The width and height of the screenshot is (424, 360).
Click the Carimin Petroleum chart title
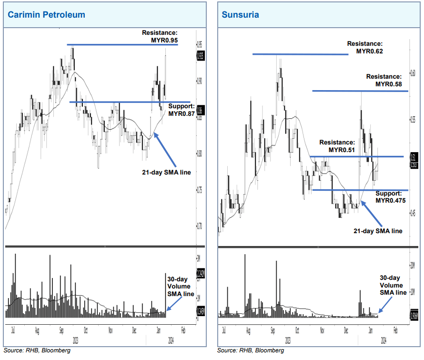coord(46,15)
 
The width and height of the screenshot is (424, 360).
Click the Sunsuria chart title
coord(240,15)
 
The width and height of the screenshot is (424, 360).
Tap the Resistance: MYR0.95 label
coord(160,36)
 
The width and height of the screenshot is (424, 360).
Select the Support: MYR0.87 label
coord(182,110)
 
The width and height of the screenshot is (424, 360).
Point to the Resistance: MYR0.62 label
coord(364,48)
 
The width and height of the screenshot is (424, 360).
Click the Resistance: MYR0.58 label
coord(384,80)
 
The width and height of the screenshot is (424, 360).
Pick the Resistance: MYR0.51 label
coord(337,146)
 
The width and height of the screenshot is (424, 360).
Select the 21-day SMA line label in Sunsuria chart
coord(378,231)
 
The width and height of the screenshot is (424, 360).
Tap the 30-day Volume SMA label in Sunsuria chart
coord(394,285)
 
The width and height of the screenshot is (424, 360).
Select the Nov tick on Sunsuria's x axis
coord(323,329)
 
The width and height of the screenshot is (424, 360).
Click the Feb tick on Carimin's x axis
coord(183,329)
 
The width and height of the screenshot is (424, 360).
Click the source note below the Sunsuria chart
coord(251,350)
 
